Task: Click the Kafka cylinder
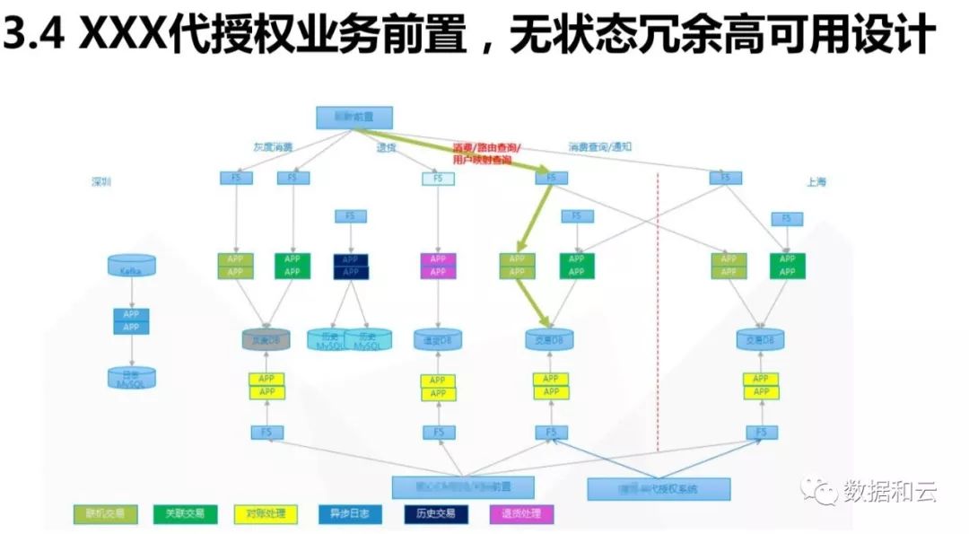131,265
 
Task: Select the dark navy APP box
351,266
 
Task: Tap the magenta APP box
438,266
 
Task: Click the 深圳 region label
101,181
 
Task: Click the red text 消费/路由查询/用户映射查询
485,153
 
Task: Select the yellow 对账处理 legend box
265,514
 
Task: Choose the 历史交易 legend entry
436,514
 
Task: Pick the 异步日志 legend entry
350,514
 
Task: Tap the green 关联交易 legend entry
184,514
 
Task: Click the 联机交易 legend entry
105,514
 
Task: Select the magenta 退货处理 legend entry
521,514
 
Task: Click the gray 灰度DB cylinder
266,340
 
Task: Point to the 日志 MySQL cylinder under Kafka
131,378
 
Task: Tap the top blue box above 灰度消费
344,118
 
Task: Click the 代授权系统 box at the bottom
658,489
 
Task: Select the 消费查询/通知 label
600,147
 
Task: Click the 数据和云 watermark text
889,491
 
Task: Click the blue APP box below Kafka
131,321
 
